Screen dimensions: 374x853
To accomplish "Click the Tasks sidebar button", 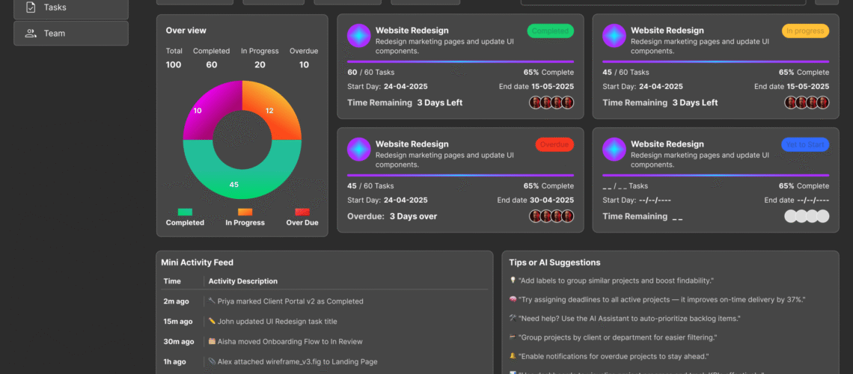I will click(x=70, y=7).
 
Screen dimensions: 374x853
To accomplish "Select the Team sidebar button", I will click(x=70, y=33).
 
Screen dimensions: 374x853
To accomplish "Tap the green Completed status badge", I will click(x=550, y=31).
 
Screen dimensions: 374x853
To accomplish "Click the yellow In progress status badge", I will click(x=805, y=31).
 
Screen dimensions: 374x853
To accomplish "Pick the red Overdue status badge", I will click(x=554, y=144).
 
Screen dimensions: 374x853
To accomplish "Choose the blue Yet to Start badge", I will click(x=805, y=144).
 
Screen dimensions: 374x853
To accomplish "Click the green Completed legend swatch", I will click(x=185, y=212).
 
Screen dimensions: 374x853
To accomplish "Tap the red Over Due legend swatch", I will click(x=302, y=212).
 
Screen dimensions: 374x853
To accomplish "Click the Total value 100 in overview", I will click(x=174, y=65).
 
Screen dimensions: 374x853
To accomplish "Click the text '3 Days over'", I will click(x=413, y=216).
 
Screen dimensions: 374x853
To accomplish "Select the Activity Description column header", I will click(x=243, y=281).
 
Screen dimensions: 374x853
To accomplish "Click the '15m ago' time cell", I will click(x=178, y=322).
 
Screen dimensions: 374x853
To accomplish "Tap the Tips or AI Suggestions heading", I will click(x=554, y=263).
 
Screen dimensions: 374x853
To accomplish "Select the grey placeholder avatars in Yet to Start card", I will click(x=807, y=216).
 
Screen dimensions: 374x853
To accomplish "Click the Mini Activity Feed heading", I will click(x=197, y=263).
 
